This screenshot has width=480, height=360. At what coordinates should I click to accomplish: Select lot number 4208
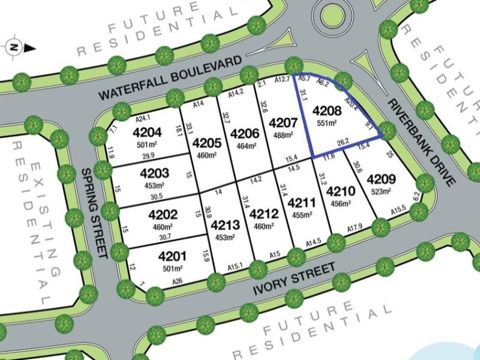[327, 110]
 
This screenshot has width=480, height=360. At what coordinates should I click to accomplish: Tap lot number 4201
[172, 256]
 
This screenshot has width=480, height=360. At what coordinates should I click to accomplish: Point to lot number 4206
[244, 133]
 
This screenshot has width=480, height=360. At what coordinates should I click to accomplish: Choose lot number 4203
[154, 173]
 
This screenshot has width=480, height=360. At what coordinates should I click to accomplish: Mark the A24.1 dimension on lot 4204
[143, 118]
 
